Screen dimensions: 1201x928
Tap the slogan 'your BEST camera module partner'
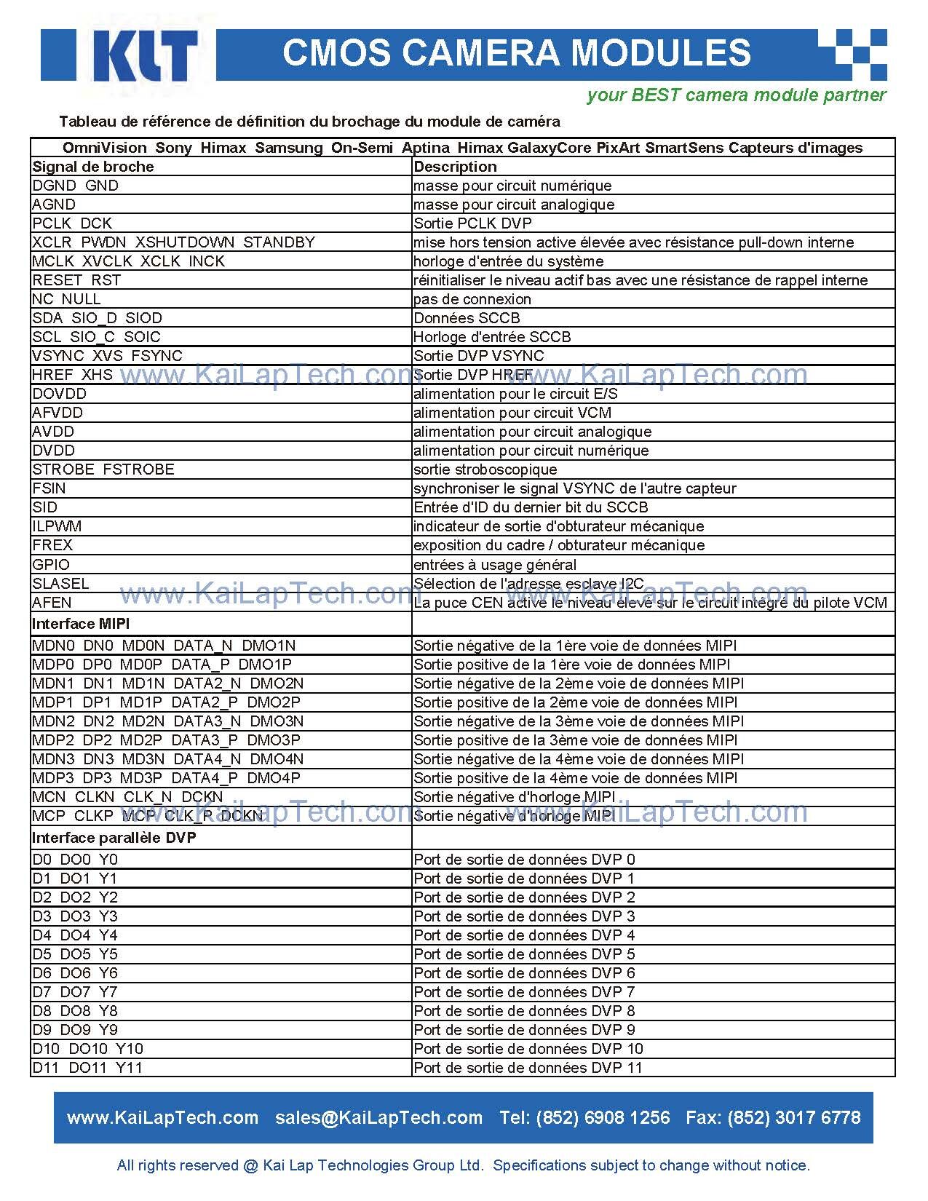point(736,95)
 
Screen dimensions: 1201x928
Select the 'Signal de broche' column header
point(93,167)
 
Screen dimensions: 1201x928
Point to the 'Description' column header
point(455,167)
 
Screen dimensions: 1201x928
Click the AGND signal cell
point(54,205)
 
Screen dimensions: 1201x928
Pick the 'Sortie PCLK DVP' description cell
point(472,223)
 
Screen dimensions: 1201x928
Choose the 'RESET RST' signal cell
point(76,280)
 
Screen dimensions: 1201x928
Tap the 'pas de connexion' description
point(472,299)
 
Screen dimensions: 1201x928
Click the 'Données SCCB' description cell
point(467,318)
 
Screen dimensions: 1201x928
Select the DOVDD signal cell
point(60,394)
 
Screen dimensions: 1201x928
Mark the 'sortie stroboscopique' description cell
point(485,469)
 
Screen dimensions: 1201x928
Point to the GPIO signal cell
point(51,565)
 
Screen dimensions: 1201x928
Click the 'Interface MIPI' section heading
point(81,624)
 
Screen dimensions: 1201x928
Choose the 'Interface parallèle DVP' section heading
point(114,838)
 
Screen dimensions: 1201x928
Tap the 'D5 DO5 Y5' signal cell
point(75,954)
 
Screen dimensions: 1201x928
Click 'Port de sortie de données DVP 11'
point(528,1068)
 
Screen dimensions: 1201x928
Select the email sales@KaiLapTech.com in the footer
point(378,1118)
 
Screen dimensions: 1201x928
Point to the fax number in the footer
point(773,1118)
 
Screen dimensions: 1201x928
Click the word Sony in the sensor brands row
point(173,148)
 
